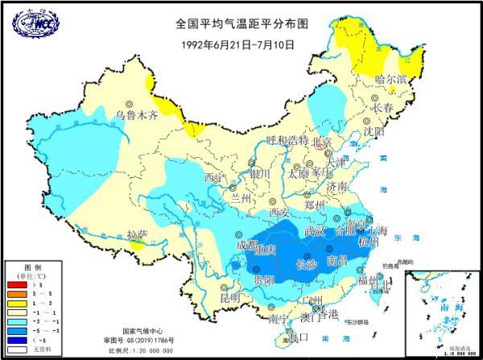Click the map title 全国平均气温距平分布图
point(242,25)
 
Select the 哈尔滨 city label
point(392,78)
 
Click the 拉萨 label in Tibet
point(138,234)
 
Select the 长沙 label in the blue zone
point(308,263)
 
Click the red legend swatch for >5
point(15,285)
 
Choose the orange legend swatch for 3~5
point(15,296)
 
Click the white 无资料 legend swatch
point(15,350)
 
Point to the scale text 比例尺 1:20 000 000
point(138,350)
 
